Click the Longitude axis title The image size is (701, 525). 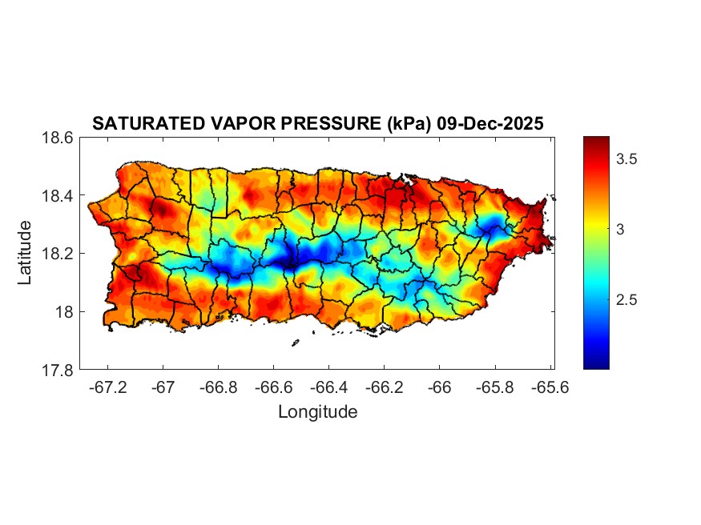point(317,412)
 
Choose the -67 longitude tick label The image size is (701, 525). point(163,387)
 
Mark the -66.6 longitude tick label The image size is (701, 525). point(273,387)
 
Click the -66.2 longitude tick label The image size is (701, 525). point(384,387)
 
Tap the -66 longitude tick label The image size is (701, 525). point(440,387)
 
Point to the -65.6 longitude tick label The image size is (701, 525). point(550,387)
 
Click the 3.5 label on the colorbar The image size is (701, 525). point(626,159)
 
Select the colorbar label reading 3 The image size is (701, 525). point(620,230)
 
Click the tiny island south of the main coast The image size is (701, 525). point(295,343)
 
